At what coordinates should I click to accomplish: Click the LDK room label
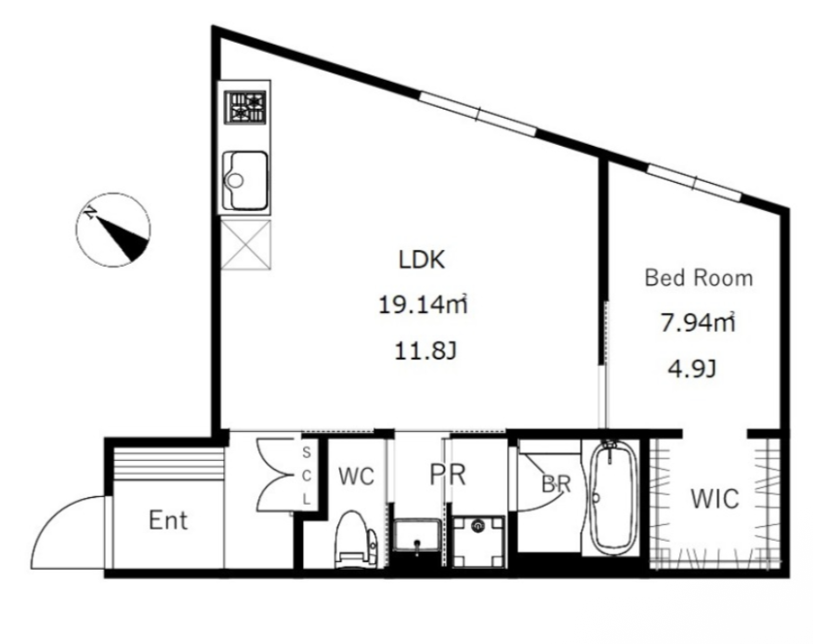tap(422, 260)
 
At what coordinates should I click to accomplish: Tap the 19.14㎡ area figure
tap(424, 305)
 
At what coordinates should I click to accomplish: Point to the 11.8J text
tap(426, 351)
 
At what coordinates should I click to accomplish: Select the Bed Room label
tap(699, 279)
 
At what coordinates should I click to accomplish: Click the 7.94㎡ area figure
tap(698, 322)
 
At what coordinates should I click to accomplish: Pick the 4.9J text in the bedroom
tap(692, 370)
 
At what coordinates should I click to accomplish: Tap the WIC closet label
tap(715, 499)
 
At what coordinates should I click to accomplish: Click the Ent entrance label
tap(168, 520)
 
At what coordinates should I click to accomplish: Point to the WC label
tap(356, 476)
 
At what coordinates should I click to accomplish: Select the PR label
tap(448, 475)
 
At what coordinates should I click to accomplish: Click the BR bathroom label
tap(556, 484)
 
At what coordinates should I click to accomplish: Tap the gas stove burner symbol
tap(244, 107)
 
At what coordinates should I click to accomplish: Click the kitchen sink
tap(244, 180)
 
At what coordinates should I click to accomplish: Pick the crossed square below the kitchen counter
tap(246, 244)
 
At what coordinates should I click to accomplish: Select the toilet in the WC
tap(356, 539)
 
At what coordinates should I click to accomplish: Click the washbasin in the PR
tap(417, 536)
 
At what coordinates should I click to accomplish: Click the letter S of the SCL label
tap(307, 453)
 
